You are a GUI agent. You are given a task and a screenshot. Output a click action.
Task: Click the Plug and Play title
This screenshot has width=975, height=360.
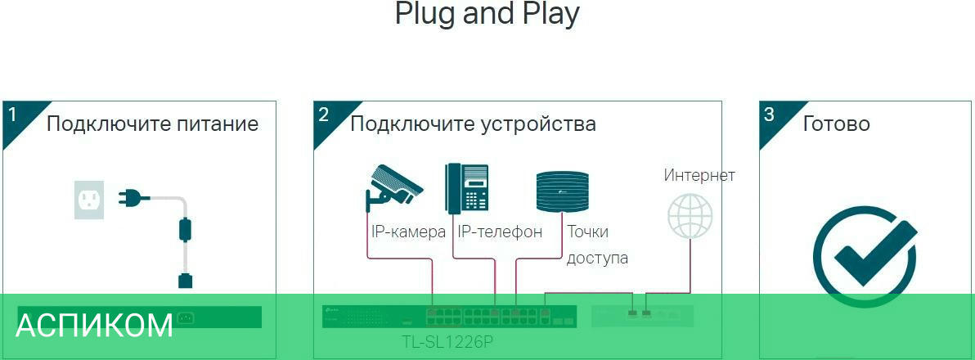pyautogui.click(x=487, y=14)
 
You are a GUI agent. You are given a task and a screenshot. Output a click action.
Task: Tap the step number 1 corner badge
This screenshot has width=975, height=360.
pyautogui.click(x=14, y=115)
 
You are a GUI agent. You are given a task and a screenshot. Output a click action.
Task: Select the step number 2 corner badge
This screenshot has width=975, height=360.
pyautogui.click(x=325, y=115)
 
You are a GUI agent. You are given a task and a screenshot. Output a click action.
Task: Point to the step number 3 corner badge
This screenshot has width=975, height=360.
pyautogui.click(x=770, y=115)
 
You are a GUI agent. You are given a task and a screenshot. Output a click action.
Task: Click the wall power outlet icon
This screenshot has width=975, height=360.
pyautogui.click(x=90, y=200)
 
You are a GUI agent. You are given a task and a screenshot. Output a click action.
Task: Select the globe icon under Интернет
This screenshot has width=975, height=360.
pyautogui.click(x=690, y=214)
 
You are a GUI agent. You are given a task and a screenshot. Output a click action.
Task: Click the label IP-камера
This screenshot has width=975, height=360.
pyautogui.click(x=408, y=232)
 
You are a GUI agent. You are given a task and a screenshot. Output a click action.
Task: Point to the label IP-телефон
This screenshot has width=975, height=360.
pyautogui.click(x=500, y=232)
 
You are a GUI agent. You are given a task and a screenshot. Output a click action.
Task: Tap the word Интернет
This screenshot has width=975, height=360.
pyautogui.click(x=699, y=175)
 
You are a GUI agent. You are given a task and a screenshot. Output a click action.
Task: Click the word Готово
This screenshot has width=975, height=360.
pyautogui.click(x=836, y=124)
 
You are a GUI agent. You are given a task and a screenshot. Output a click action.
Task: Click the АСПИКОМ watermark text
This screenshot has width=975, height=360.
pyautogui.click(x=94, y=326)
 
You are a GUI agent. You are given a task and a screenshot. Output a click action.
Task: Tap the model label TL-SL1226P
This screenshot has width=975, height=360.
pyautogui.click(x=447, y=341)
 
